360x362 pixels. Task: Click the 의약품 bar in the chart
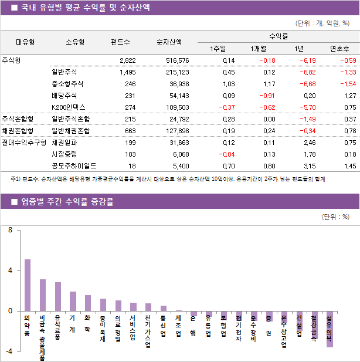[x=28, y=285]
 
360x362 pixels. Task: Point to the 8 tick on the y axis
[x=10, y=231]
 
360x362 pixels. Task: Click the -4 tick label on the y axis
[x=9, y=351]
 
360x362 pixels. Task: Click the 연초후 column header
[x=339, y=49]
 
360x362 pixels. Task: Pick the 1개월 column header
[x=258, y=49]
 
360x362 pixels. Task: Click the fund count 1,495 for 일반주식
[x=127, y=72]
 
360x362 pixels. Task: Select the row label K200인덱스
[x=69, y=107]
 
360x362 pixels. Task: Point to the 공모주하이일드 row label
[x=74, y=166]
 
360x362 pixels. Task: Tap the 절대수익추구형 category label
[x=24, y=143]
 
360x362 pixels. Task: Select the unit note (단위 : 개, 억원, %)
[x=322, y=24]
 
